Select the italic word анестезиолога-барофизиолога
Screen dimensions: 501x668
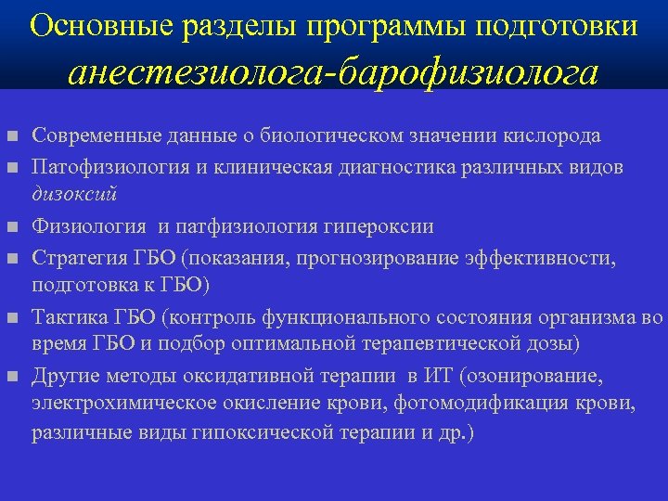click(x=334, y=73)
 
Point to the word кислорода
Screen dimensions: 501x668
click(x=559, y=135)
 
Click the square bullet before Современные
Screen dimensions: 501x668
click(x=11, y=137)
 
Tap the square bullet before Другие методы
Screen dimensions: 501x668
click(x=11, y=377)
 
